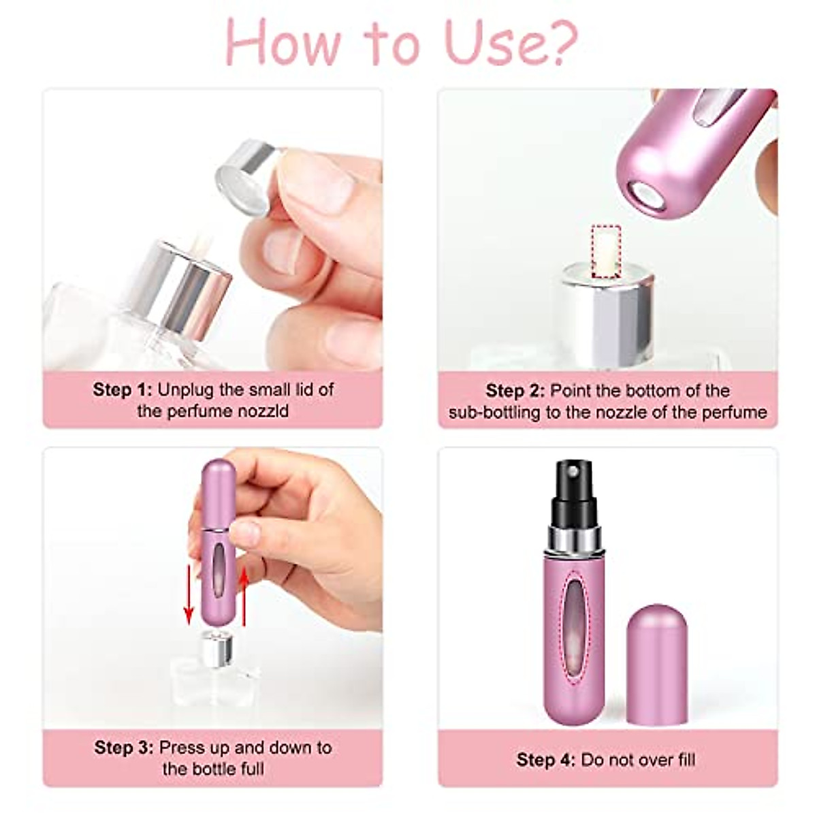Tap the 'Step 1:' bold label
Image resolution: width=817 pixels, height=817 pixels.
123,390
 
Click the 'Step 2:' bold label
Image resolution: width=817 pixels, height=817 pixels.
515,391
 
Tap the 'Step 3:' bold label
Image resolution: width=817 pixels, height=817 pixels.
124,748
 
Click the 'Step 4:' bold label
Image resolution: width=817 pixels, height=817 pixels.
545,760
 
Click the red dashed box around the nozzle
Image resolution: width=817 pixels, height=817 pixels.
606,252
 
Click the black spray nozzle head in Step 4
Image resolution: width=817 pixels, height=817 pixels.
573,487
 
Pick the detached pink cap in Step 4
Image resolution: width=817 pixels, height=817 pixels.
656,664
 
